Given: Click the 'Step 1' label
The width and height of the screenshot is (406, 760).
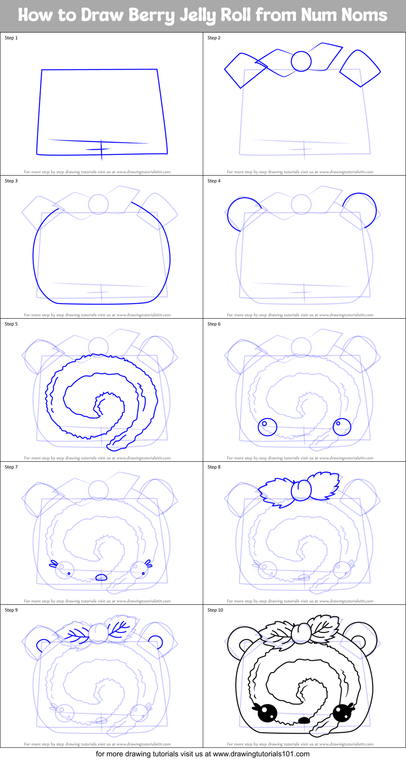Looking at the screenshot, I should tap(11, 38).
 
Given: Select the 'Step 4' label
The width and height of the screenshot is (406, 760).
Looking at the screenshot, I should tap(214, 181).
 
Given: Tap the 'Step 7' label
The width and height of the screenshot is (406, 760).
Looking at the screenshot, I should tap(11, 467).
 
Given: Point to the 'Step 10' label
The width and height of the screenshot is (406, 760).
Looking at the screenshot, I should tap(215, 610).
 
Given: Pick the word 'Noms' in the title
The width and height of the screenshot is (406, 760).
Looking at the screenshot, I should tap(364, 15).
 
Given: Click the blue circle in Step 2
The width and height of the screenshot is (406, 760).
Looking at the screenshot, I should tap(301, 61).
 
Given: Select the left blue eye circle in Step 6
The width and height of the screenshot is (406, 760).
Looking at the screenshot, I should tap(267, 427).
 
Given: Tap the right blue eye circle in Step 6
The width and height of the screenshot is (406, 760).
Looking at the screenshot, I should tap(342, 427).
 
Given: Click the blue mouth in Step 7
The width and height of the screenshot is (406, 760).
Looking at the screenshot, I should tap(101, 578).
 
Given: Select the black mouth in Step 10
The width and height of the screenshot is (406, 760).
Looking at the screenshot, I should tap(304, 720).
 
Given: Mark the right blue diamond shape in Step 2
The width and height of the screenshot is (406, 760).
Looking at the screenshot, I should tap(360, 68).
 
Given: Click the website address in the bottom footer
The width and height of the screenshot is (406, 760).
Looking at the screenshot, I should tap(261, 754).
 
